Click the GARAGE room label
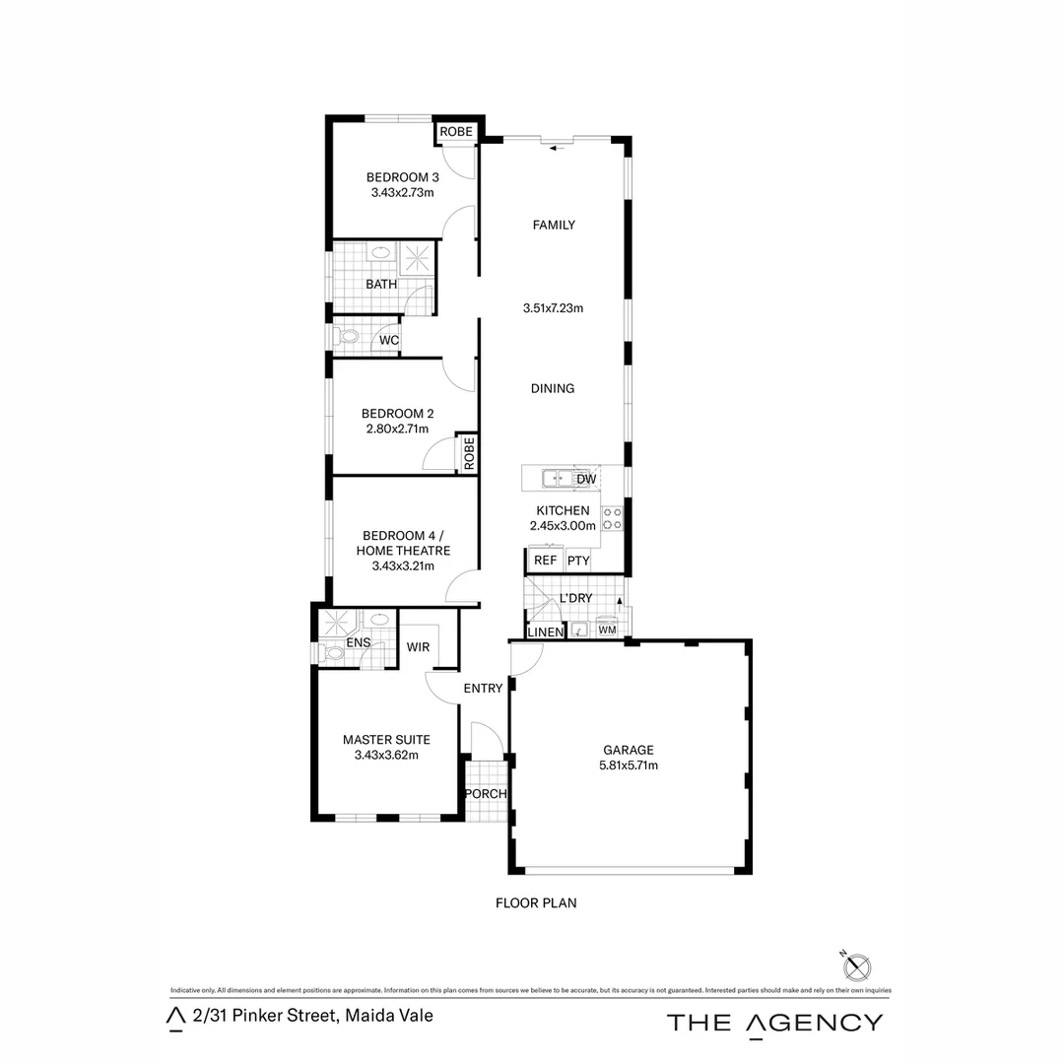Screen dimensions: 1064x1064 [x=630, y=749]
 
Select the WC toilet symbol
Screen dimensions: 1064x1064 [x=346, y=338]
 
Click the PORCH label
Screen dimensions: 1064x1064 [x=485, y=794]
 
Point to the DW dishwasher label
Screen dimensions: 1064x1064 [x=586, y=480]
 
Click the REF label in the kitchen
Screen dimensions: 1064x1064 [x=545, y=561]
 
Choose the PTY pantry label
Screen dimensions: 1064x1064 [x=578, y=561]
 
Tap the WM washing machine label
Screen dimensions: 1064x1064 [x=607, y=629]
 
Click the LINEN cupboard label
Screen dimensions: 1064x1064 [x=545, y=632]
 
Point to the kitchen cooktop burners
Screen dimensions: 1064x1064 [x=612, y=518]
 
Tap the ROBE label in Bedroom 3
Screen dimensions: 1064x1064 [x=456, y=132]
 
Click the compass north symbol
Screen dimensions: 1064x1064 [x=855, y=964]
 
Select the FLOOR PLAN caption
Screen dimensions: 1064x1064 [x=536, y=901]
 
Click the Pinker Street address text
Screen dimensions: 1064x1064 [x=313, y=1016]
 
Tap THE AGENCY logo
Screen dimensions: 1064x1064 [x=774, y=1022]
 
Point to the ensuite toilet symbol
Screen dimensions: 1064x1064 [x=333, y=651]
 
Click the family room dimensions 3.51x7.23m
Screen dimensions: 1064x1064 [x=553, y=307]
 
